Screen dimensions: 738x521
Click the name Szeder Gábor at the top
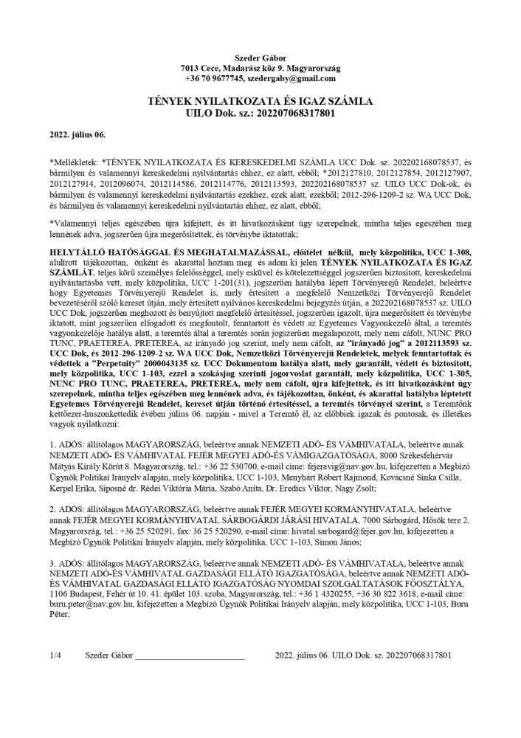coord(260,58)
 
